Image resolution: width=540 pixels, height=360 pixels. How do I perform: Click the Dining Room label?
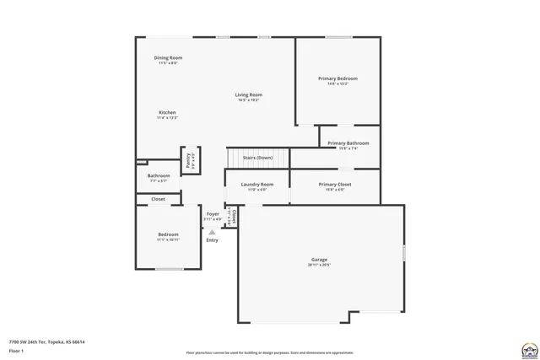click(x=168, y=58)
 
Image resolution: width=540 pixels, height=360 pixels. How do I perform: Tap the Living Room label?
click(x=248, y=95)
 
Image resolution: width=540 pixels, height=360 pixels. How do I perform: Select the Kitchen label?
click(x=167, y=113)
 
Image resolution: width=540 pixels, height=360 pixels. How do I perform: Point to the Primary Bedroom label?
click(x=337, y=78)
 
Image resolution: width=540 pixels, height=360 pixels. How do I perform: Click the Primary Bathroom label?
click(x=348, y=143)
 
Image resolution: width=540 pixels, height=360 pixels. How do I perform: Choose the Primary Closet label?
click(x=335, y=184)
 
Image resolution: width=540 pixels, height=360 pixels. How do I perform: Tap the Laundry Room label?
click(x=256, y=184)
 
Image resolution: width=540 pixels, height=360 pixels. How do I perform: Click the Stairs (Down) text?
click(x=257, y=158)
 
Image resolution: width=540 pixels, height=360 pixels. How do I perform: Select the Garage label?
click(x=319, y=260)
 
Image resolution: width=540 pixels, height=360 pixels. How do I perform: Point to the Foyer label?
click(x=213, y=214)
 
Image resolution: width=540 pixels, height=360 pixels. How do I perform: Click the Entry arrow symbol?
click(x=212, y=229)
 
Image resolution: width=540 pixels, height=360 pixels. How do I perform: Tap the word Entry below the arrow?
click(x=212, y=240)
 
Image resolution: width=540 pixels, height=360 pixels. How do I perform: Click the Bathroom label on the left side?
click(x=159, y=175)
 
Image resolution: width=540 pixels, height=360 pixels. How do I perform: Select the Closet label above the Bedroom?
click(x=158, y=199)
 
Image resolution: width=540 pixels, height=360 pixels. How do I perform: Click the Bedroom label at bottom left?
click(x=168, y=234)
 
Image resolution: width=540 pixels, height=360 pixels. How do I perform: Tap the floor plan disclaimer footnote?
click(x=270, y=352)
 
